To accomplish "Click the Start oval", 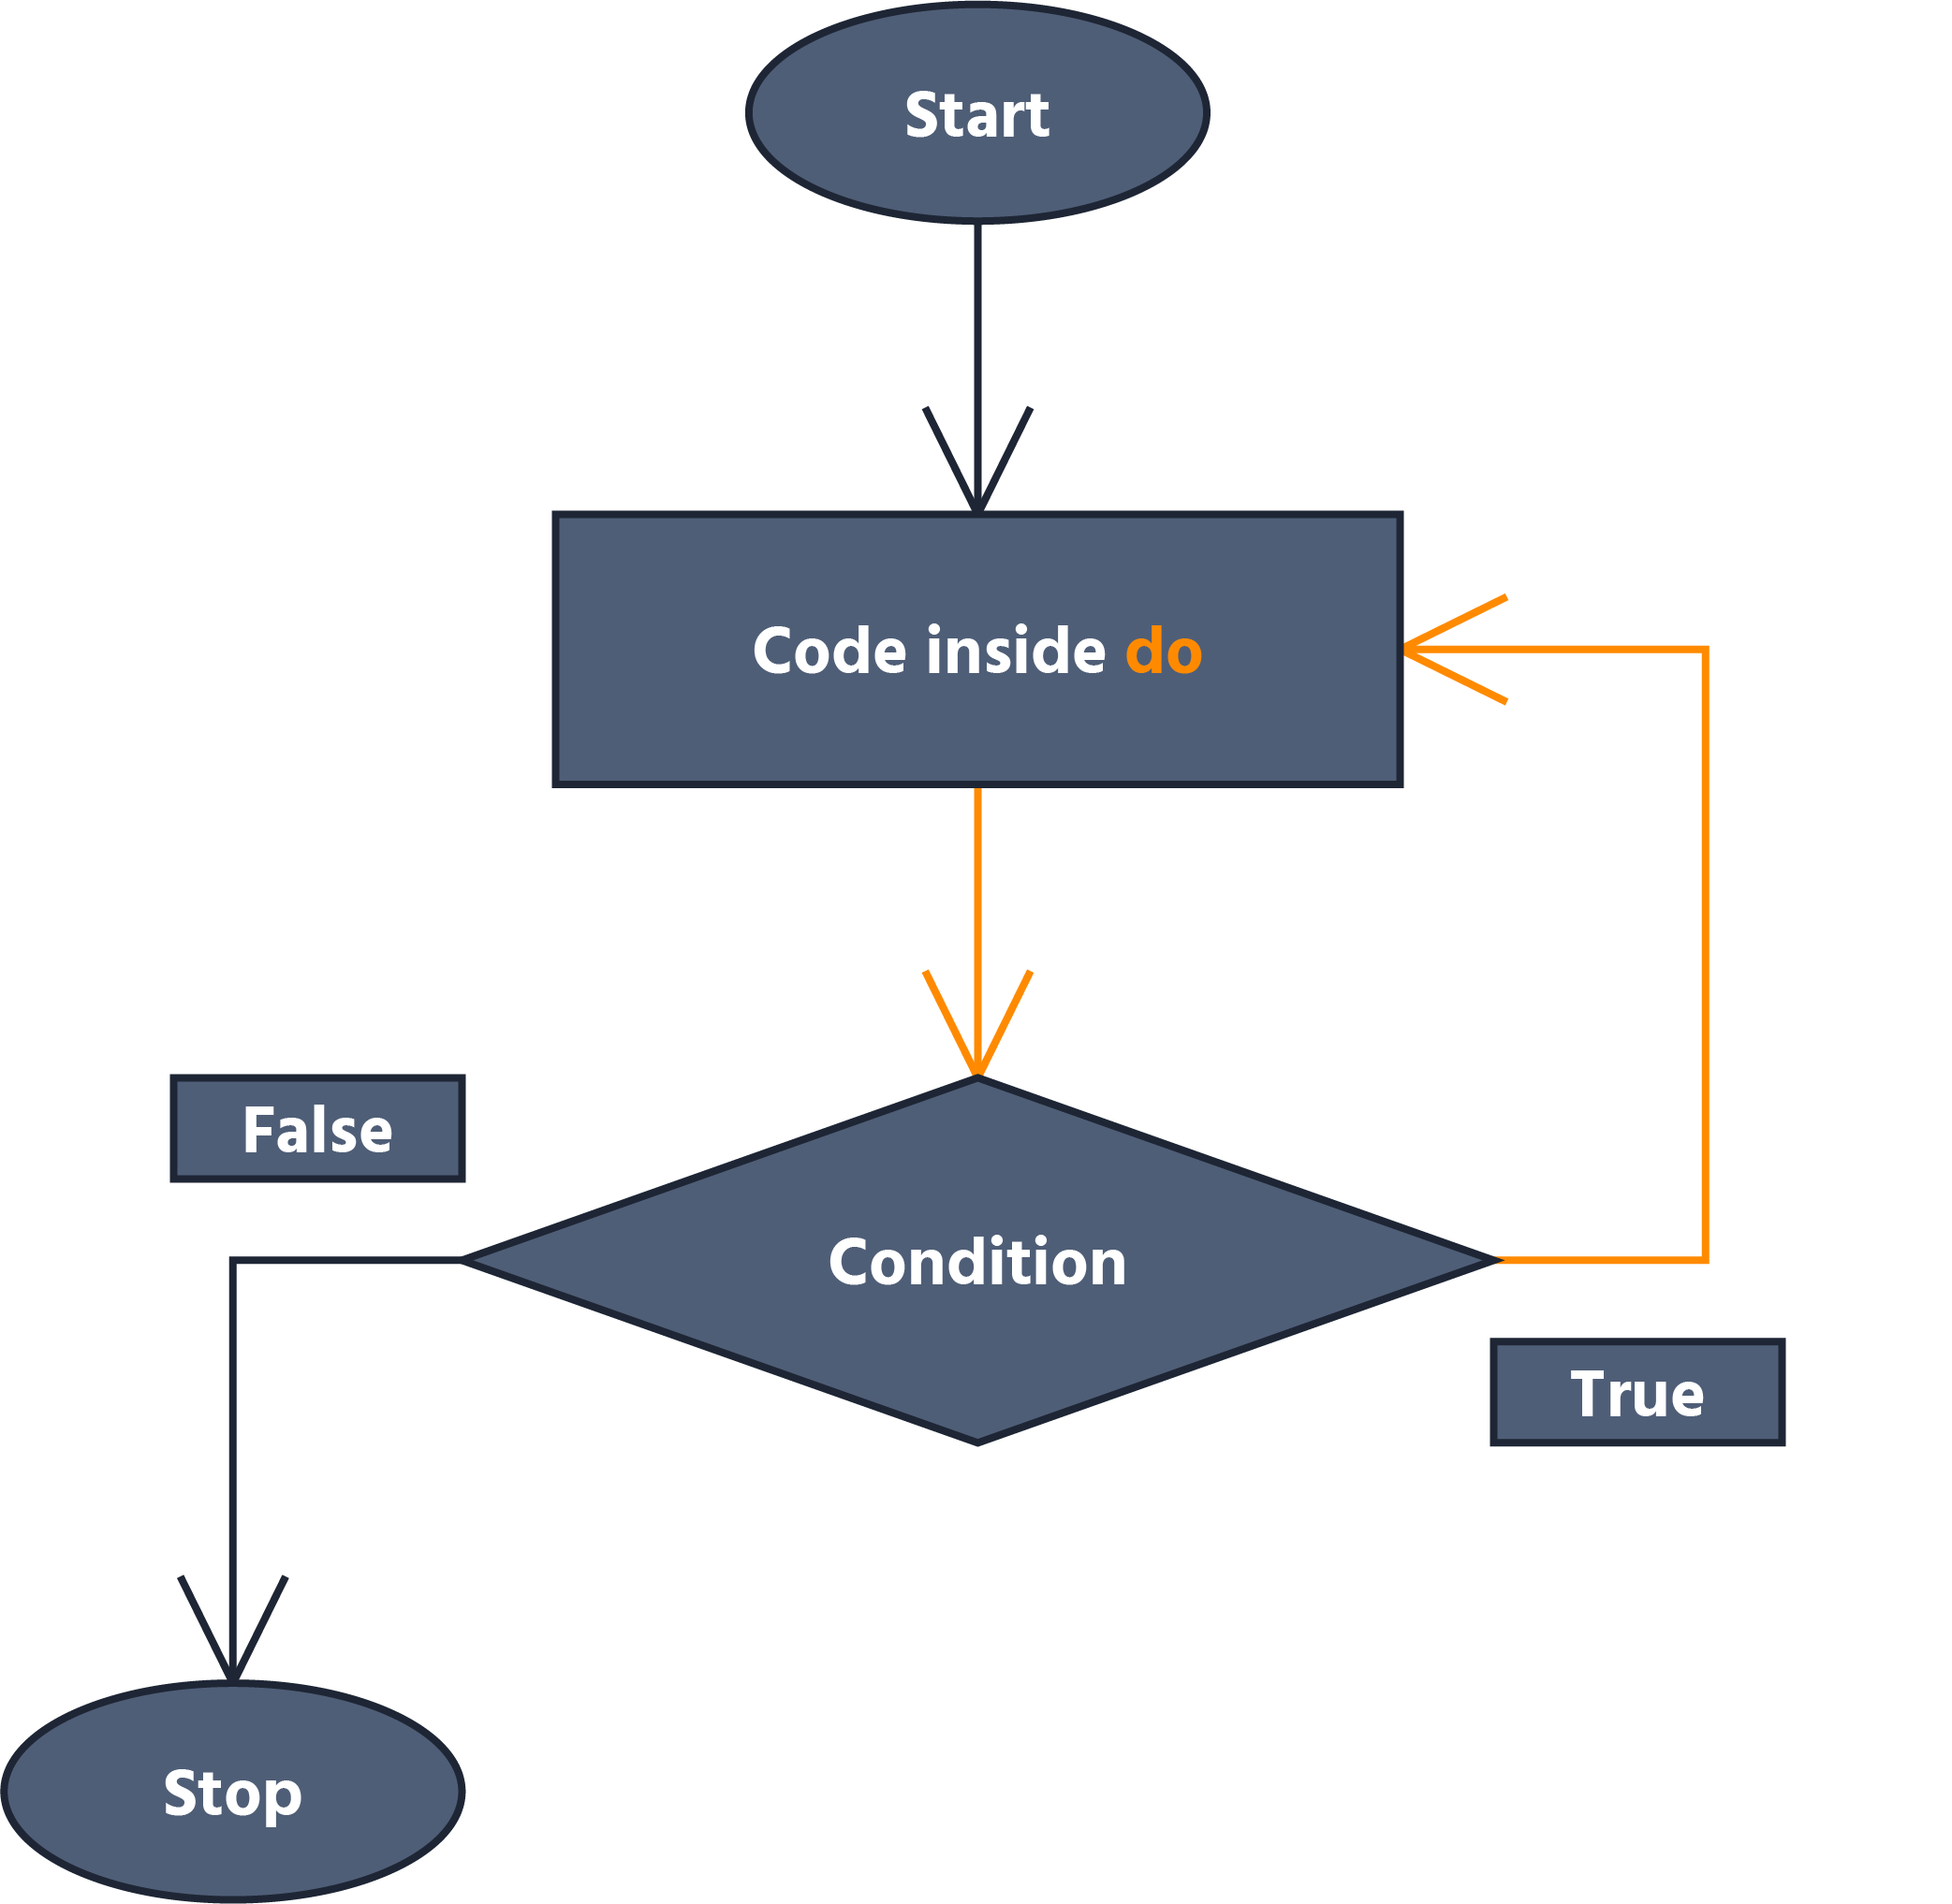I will tap(977, 60).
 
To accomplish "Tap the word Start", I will tap(977, 115).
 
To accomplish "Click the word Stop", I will tap(232, 1793).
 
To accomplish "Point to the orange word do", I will tap(1163, 652).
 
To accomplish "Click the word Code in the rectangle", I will tap(828, 652).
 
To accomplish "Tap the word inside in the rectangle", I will tap(1015, 652).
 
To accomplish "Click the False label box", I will tap(317, 1129).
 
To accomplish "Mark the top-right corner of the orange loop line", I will tap(1705, 650).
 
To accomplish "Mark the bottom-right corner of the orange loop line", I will tap(1705, 1260).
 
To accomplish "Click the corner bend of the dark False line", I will tap(233, 1260).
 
